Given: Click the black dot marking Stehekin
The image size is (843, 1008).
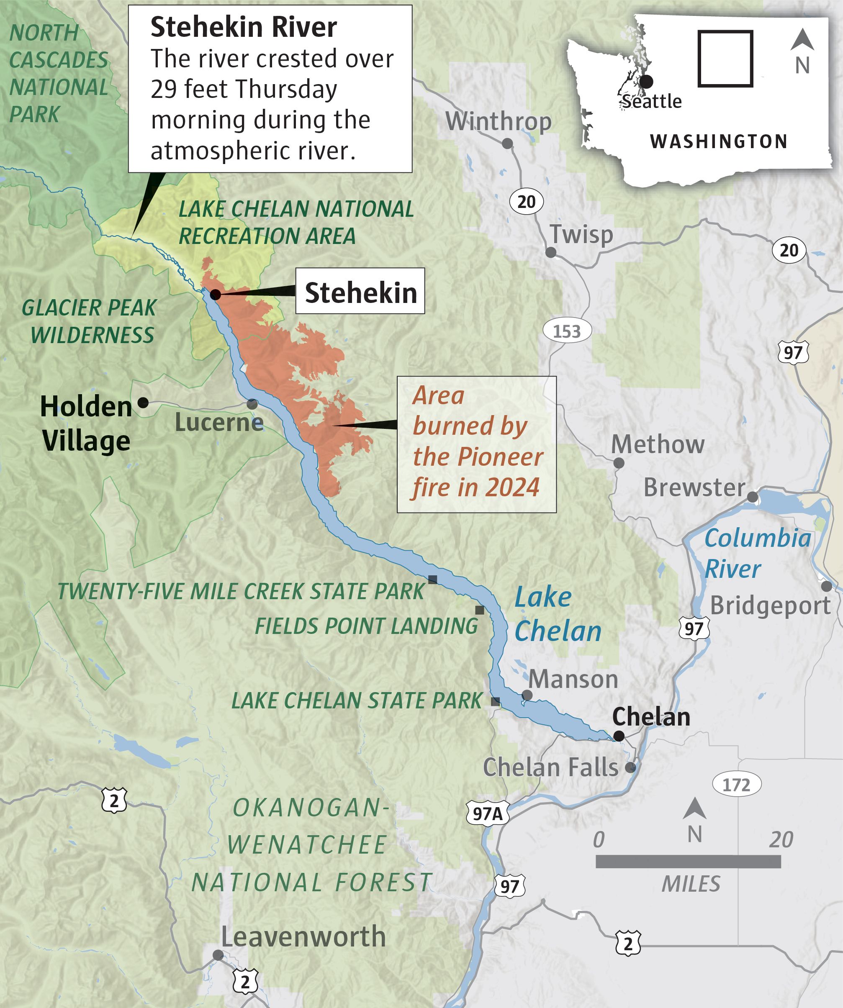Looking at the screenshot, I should (x=215, y=294).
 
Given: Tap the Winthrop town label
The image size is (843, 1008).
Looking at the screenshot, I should (x=499, y=122).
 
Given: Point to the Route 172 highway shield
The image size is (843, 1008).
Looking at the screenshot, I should (x=736, y=785).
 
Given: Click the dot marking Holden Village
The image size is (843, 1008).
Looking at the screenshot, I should (x=143, y=403).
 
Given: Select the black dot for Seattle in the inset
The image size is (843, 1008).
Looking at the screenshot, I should (x=646, y=82).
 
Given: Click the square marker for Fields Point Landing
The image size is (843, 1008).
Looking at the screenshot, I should (x=479, y=610).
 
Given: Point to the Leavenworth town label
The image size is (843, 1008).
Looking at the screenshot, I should (x=303, y=936).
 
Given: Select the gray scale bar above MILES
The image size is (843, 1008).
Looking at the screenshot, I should (x=688, y=862).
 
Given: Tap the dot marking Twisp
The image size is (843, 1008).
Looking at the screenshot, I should (x=551, y=252).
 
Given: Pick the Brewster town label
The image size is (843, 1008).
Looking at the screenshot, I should (x=694, y=487).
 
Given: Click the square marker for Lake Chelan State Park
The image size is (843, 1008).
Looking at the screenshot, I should (x=496, y=701).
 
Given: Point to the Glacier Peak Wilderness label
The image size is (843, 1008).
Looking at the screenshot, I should (x=90, y=321).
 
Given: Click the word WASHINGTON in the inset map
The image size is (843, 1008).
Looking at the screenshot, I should (x=718, y=141).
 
